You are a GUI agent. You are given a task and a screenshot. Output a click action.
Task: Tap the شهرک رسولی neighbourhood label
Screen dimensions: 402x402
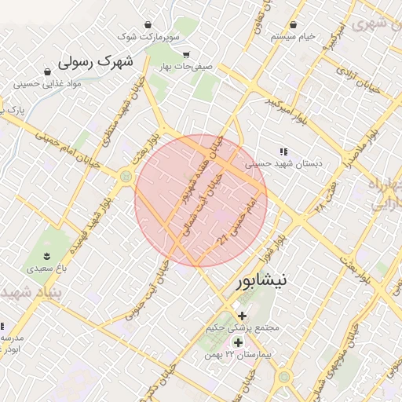coord(96,61)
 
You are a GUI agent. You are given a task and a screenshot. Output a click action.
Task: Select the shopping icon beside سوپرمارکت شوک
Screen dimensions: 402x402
coord(148,25)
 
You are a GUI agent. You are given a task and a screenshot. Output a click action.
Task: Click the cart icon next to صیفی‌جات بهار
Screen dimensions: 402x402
coord(185,55)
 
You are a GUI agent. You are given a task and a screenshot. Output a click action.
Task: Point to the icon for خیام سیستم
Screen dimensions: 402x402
coord(293,25)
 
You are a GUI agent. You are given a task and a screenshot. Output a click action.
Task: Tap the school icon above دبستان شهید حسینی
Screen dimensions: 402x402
coord(283,151)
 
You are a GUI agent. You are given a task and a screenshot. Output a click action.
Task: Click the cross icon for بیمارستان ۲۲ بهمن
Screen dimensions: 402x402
coord(238,342)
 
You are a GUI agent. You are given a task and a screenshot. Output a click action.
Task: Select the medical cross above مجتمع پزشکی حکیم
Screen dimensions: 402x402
coord(241,315)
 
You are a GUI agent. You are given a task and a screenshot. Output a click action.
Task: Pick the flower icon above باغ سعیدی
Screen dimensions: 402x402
coord(46,257)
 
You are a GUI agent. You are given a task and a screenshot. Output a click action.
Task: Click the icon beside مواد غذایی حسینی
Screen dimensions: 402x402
coord(18,83)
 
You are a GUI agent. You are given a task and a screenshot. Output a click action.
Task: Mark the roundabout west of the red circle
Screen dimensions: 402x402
coord(126,177)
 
